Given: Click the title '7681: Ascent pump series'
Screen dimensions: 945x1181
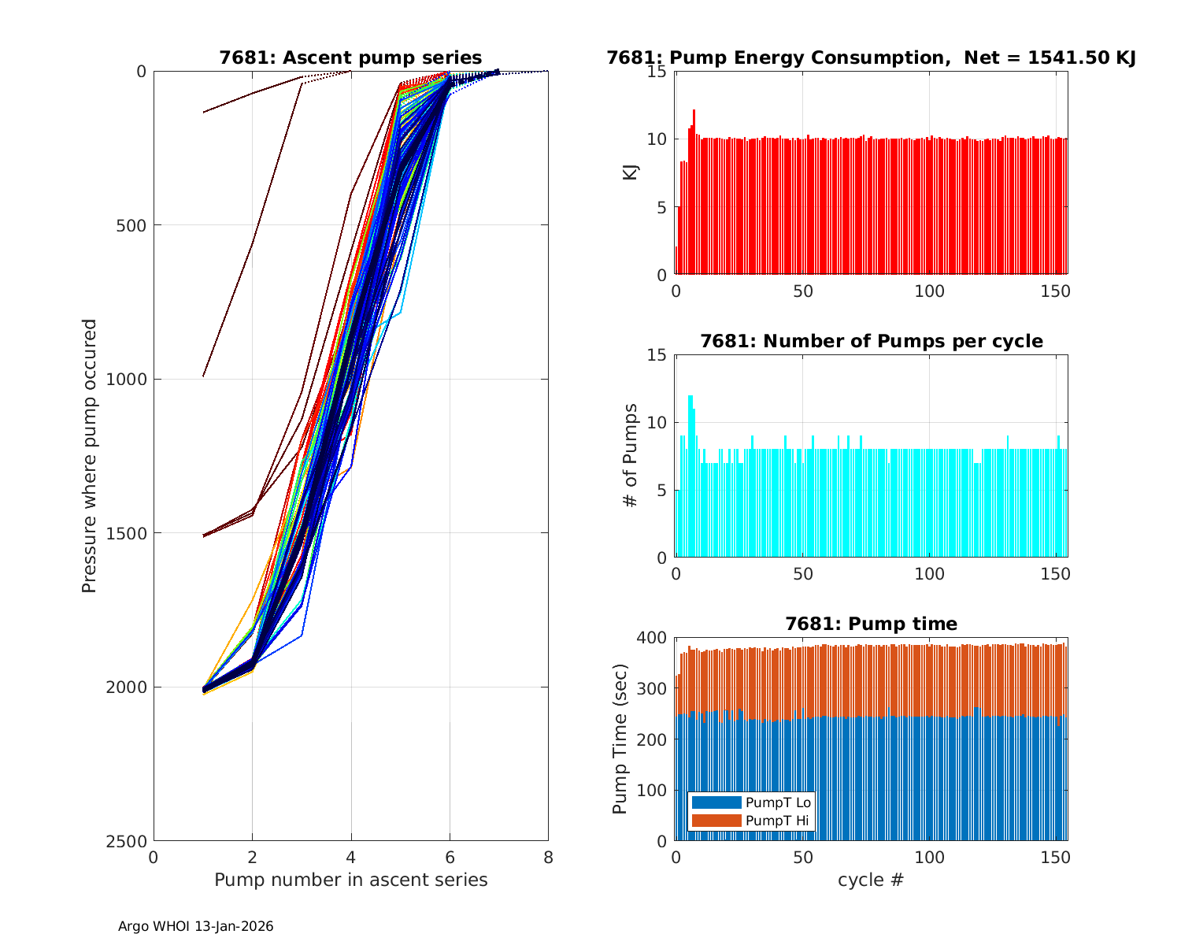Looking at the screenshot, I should click(x=350, y=57).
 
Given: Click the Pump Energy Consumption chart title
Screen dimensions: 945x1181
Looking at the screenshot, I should click(x=871, y=57).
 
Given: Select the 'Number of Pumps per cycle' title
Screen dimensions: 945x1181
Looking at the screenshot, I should click(x=871, y=341).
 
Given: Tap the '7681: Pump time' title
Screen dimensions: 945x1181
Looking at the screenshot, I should click(x=871, y=624).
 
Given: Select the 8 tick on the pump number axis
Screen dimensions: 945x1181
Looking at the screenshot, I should click(x=548, y=857).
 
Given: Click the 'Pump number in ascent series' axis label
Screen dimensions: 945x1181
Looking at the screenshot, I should click(x=350, y=880).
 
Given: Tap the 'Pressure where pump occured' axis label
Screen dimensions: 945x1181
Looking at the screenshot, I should click(x=90, y=455).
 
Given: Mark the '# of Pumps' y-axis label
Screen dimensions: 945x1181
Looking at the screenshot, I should click(x=631, y=455).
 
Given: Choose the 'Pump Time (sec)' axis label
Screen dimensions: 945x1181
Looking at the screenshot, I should click(x=620, y=739).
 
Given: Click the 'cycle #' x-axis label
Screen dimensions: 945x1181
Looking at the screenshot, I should click(x=871, y=880).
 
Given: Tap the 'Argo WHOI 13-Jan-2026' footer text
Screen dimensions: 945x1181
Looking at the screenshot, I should click(x=195, y=927).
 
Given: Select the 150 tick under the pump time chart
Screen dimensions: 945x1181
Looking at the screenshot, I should click(x=1055, y=857).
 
